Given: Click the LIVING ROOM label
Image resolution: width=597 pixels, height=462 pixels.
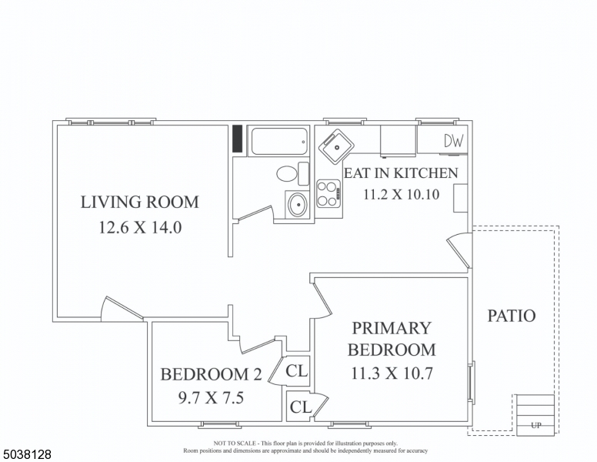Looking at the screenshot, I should coord(139,203).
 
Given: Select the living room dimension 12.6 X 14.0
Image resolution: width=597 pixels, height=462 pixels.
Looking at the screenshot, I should coord(139,228).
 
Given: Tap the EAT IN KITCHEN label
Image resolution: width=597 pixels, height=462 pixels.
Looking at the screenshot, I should coord(400,173).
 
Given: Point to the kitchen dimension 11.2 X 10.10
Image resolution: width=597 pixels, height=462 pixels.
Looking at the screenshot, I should coord(401,194).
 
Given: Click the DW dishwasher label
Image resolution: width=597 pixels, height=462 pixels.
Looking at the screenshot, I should coord(454,141).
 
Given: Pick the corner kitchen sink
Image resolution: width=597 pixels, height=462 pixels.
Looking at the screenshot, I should coord(336,146).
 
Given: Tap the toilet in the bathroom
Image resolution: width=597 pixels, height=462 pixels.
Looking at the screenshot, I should coord(290,173).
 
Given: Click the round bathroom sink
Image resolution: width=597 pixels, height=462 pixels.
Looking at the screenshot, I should coord(296,205).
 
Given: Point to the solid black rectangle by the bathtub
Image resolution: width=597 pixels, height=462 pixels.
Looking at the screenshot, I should coord(238,139).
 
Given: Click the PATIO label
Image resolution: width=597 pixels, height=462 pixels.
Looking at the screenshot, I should coord(512,316).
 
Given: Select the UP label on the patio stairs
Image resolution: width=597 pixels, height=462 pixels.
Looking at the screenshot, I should coord(535,425).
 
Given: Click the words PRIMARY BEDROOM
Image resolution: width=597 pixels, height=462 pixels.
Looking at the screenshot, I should coord(392,339).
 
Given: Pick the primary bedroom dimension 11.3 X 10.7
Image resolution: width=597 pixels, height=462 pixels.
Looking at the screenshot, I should coord(392,375).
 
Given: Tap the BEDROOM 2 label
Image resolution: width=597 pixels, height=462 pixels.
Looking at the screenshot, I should coord(211,375).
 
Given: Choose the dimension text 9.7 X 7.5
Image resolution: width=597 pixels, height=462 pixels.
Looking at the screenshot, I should coord(211,399).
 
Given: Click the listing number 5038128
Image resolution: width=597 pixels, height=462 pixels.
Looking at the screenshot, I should coord(27,454).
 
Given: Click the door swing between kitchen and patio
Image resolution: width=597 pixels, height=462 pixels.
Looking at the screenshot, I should coord(459,250).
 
